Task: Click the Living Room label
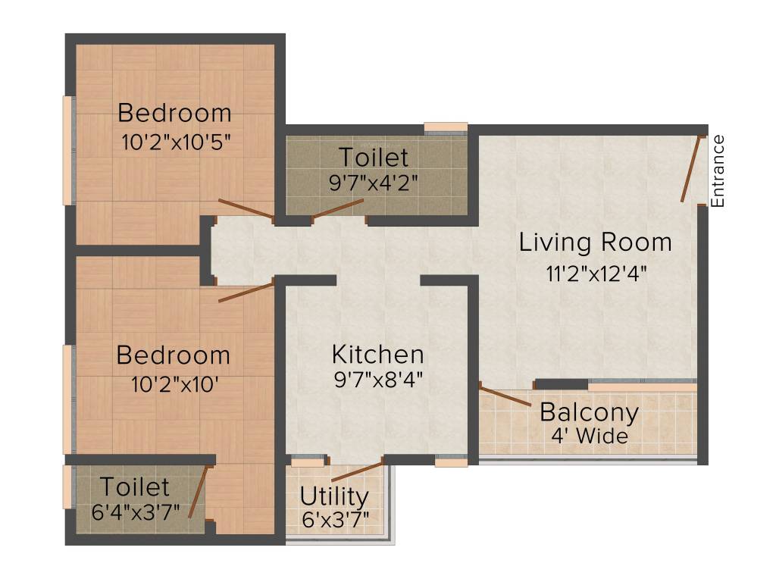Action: click(x=595, y=242)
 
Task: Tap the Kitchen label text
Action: click(x=377, y=354)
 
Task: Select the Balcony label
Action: click(x=589, y=413)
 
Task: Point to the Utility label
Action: click(x=334, y=497)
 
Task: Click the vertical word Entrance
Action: click(x=718, y=171)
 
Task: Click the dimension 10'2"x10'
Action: click(x=175, y=383)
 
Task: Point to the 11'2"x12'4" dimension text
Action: click(x=596, y=273)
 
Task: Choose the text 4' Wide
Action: click(x=590, y=436)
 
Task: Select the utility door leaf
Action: click(x=357, y=470)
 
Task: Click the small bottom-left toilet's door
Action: click(x=197, y=493)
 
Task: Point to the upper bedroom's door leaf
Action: click(x=246, y=208)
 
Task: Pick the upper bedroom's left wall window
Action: click(x=68, y=150)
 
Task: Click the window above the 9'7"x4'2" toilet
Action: click(x=446, y=127)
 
